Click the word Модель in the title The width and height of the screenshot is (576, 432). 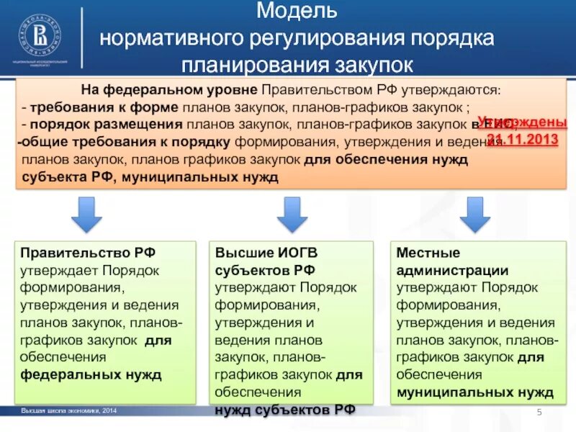click(297, 11)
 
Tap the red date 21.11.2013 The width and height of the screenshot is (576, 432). click(523, 138)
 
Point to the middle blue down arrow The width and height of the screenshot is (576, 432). click(292, 214)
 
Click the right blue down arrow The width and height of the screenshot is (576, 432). click(474, 214)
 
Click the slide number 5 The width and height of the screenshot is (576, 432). click(539, 411)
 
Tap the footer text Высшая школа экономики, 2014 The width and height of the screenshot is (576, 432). click(68, 410)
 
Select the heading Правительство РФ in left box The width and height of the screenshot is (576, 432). click(88, 253)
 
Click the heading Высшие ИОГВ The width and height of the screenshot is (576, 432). click(266, 253)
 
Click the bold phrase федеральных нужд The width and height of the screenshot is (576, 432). click(91, 374)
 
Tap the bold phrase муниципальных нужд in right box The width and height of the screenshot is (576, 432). click(475, 392)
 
